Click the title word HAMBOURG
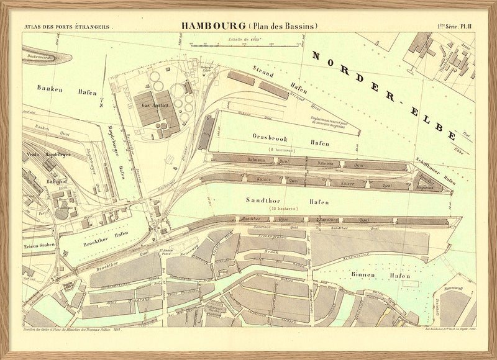click(213, 26)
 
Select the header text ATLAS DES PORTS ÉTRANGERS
click(66, 27)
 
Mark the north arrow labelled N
click(101, 101)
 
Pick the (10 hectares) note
click(283, 209)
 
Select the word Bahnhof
click(57, 182)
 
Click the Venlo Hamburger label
click(48, 154)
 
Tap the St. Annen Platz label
click(165, 250)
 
